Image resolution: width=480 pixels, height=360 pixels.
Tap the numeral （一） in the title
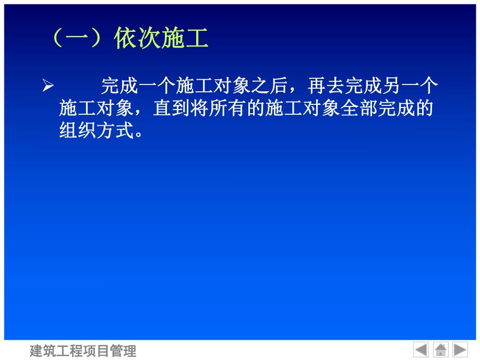78,39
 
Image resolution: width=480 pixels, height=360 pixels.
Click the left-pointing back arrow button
421,350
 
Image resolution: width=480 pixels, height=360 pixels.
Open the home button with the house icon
441,350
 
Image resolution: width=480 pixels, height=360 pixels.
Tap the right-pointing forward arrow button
460,350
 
